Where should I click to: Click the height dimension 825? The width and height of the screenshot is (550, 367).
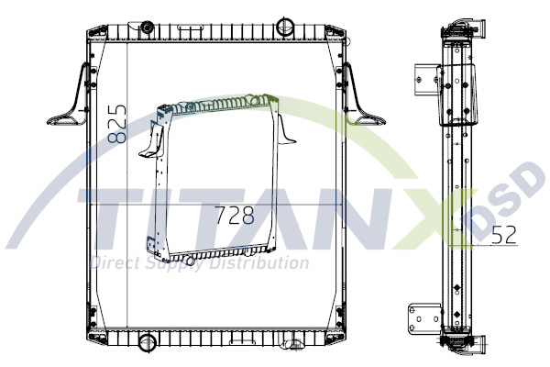click(x=117, y=123)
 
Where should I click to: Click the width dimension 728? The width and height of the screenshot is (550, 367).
click(x=233, y=217)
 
